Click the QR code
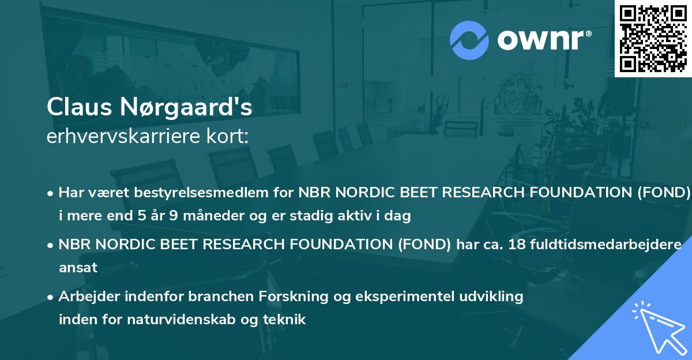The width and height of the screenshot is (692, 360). pyautogui.click(x=653, y=38)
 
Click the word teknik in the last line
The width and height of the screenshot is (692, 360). pyautogui.click(x=286, y=320)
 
